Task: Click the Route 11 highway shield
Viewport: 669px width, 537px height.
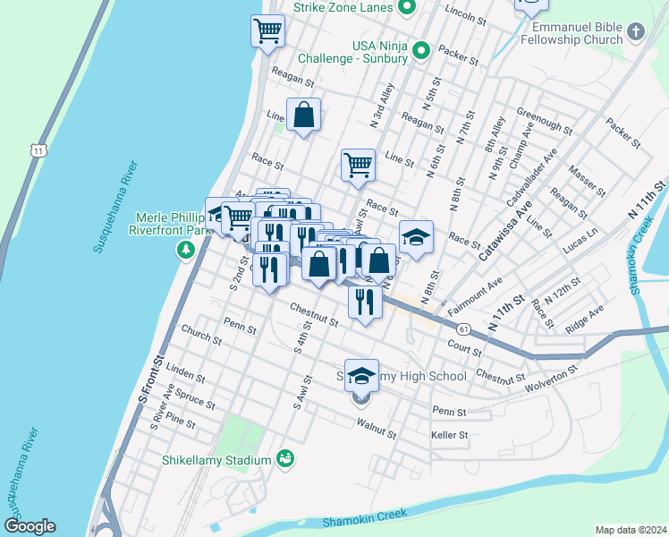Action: (37, 150)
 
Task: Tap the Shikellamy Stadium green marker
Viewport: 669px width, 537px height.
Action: (286, 459)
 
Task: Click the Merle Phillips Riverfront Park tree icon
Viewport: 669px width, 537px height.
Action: (186, 249)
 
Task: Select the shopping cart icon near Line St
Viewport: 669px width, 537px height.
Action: (358, 164)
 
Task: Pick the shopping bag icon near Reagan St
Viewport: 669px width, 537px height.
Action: (304, 114)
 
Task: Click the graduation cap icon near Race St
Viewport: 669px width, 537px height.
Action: (416, 236)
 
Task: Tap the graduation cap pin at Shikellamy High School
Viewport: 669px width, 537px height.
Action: (361, 375)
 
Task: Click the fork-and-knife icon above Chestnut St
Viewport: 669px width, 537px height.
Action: (365, 300)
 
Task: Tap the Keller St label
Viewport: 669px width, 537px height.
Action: (449, 436)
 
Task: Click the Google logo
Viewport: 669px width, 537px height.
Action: (30, 526)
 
